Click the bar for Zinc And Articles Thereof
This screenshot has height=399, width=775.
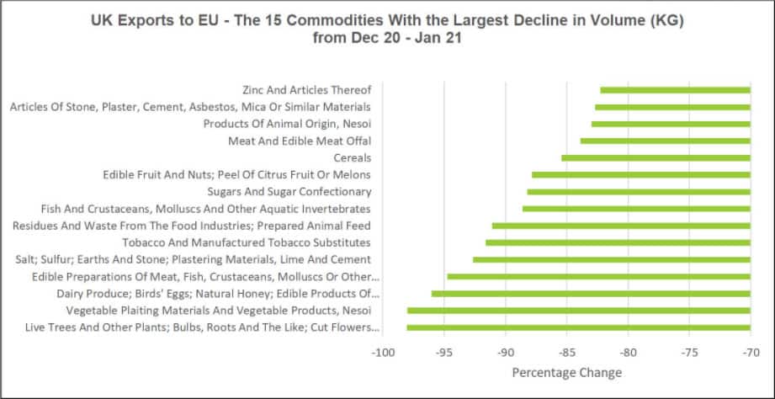click(x=675, y=90)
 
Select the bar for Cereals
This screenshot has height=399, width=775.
click(x=656, y=157)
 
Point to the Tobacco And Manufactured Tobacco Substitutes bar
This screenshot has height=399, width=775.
click(x=618, y=242)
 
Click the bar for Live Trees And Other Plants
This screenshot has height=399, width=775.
click(x=578, y=327)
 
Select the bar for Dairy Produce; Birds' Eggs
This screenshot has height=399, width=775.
click(x=591, y=293)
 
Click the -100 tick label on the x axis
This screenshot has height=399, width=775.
click(x=382, y=353)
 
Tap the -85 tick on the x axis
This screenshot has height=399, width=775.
click(x=565, y=353)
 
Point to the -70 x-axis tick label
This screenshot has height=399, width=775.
click(x=749, y=353)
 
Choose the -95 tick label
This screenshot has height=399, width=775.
click(x=443, y=353)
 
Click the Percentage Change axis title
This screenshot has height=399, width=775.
click(x=566, y=372)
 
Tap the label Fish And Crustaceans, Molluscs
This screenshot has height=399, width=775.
click(x=206, y=208)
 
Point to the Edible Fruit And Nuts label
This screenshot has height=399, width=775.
click(x=236, y=174)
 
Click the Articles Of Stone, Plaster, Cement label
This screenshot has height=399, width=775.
click(x=189, y=107)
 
